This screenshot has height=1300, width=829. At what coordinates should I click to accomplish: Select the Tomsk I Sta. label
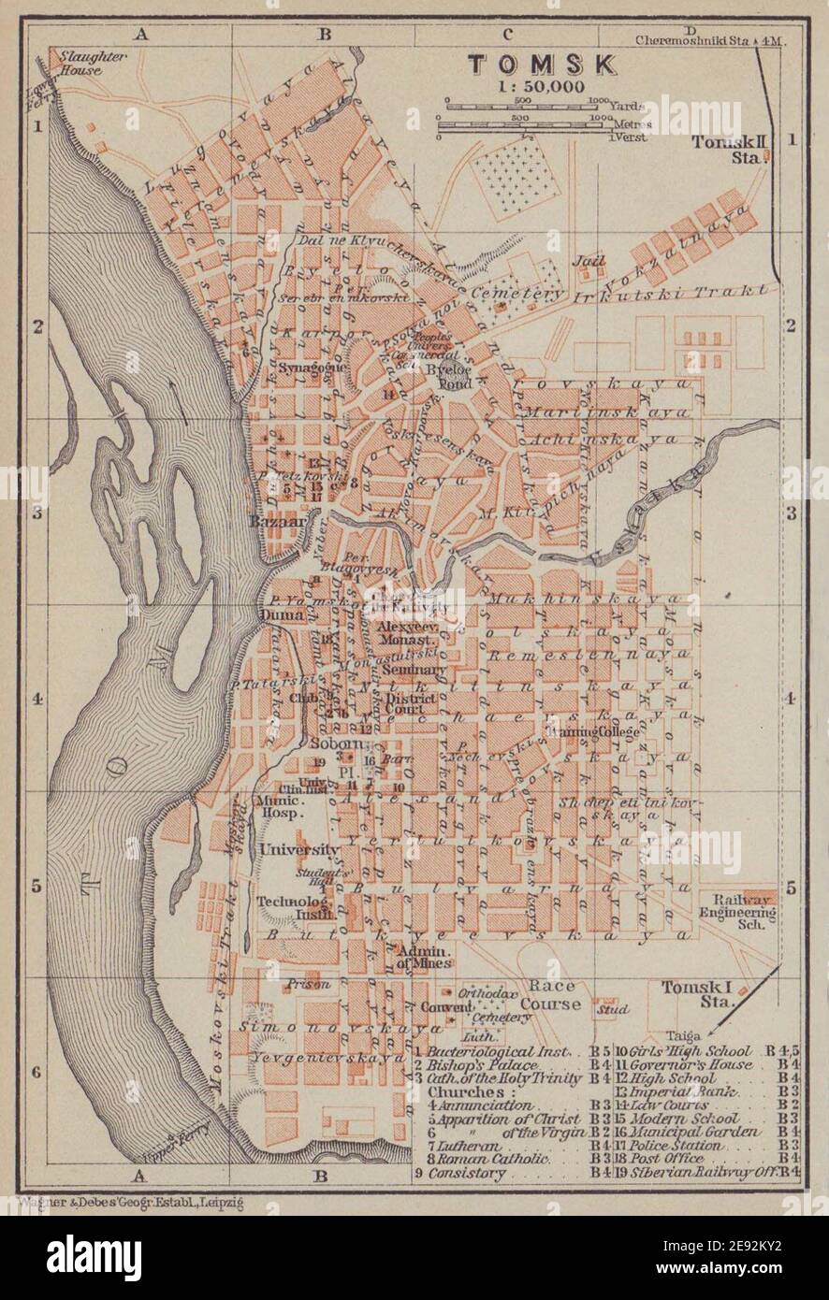tap(698, 994)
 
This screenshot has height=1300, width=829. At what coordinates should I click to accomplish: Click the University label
tap(299, 849)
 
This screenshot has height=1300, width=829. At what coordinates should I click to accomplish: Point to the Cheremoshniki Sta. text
tap(705, 40)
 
